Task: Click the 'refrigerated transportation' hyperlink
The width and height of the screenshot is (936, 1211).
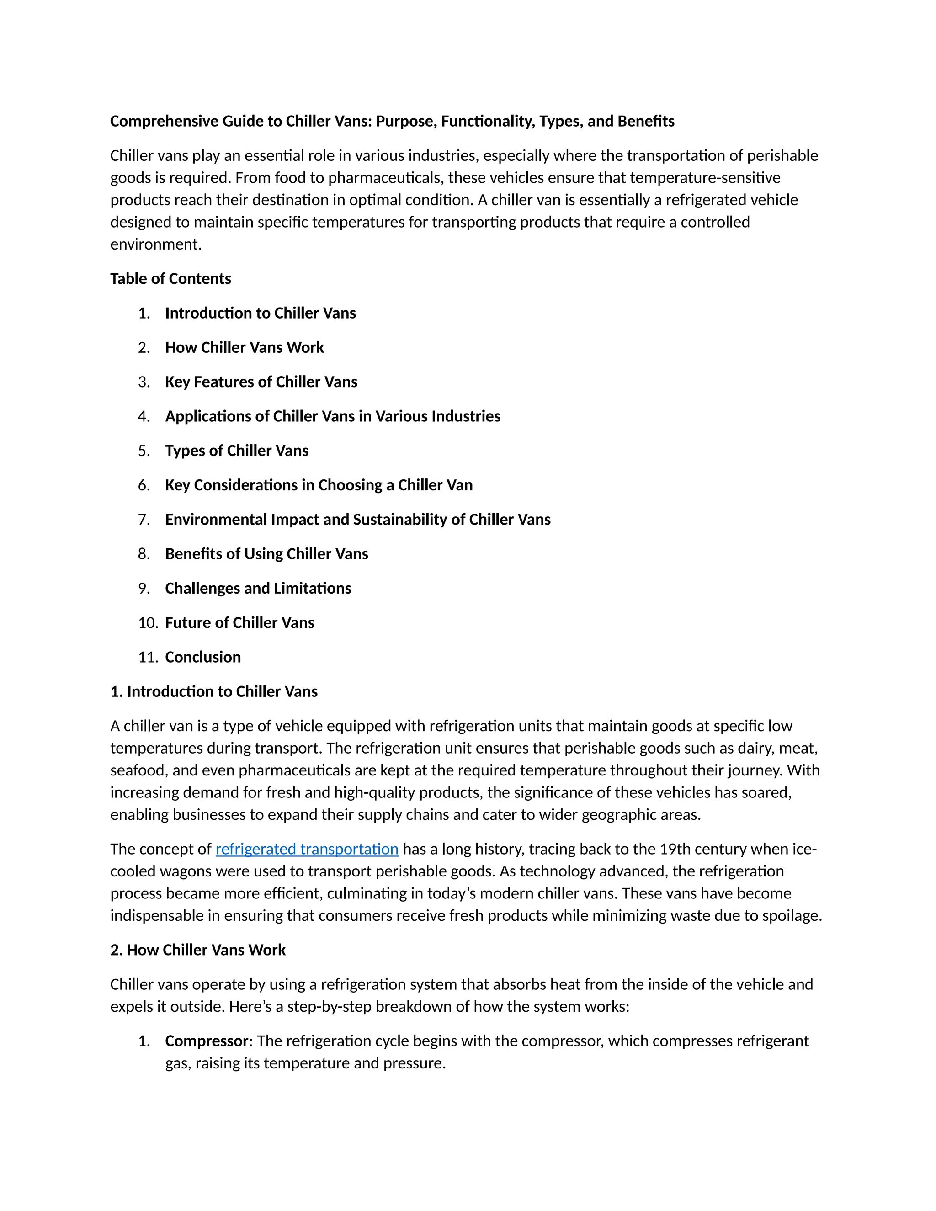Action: click(307, 849)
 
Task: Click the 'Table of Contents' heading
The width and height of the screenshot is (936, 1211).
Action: click(170, 278)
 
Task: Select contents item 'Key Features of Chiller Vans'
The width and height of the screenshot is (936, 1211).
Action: click(261, 382)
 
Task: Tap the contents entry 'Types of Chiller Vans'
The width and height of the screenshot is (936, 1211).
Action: click(237, 450)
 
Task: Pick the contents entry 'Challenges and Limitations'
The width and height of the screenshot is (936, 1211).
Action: click(258, 588)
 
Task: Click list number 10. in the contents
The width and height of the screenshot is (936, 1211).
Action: click(148, 623)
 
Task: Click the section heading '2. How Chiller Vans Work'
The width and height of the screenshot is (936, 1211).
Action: click(198, 950)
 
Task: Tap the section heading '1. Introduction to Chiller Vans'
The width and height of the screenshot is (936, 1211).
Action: click(214, 691)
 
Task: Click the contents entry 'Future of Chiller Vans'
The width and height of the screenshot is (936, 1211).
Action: click(239, 623)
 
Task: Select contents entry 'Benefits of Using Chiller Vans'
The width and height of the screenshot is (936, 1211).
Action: click(267, 553)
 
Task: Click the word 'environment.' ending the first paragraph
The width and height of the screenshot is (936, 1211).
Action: click(156, 244)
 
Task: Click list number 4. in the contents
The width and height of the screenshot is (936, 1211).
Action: click(144, 416)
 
